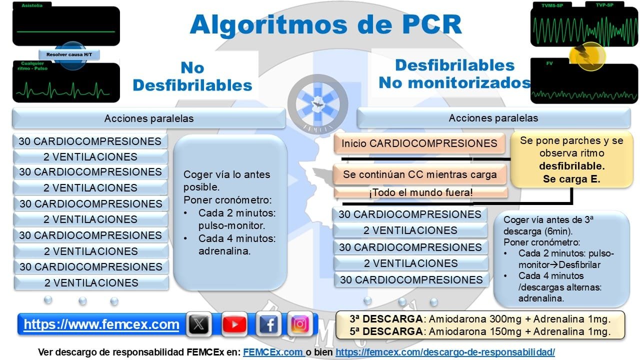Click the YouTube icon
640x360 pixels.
(234, 324)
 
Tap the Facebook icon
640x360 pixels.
(268, 324)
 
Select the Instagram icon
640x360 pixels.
(300, 324)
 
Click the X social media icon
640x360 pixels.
(199, 324)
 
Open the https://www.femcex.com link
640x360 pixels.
(101, 324)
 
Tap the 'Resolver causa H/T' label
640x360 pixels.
(69, 54)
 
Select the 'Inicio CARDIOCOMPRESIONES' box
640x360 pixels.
(419, 143)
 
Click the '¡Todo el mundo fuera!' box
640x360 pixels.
(420, 192)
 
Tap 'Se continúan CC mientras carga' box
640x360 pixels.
(420, 174)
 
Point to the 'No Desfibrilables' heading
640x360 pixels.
(192, 76)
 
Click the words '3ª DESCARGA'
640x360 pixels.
(385, 319)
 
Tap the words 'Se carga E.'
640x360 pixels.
(571, 177)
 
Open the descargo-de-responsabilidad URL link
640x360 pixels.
(445, 352)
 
